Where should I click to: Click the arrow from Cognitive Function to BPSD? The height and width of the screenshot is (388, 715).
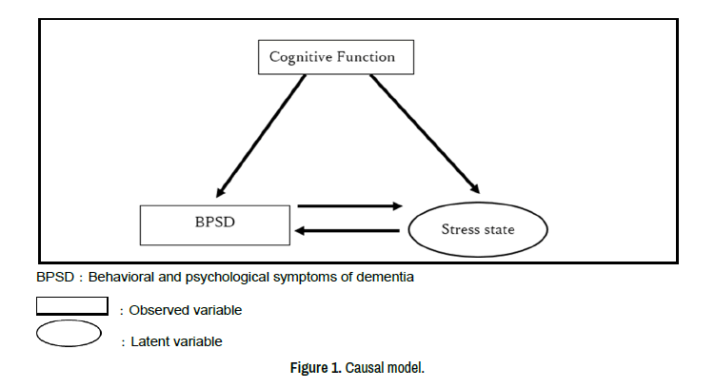pyautogui.click(x=262, y=133)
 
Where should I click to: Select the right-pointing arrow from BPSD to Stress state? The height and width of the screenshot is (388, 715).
pyautogui.click(x=349, y=205)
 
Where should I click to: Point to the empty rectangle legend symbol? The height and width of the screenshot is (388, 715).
pyautogui.click(x=71, y=306)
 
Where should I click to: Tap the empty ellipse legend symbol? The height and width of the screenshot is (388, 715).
pyautogui.click(x=69, y=335)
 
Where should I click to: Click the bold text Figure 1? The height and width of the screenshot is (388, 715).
pyautogui.click(x=316, y=368)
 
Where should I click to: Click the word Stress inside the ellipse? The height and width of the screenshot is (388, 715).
pyautogui.click(x=460, y=230)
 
